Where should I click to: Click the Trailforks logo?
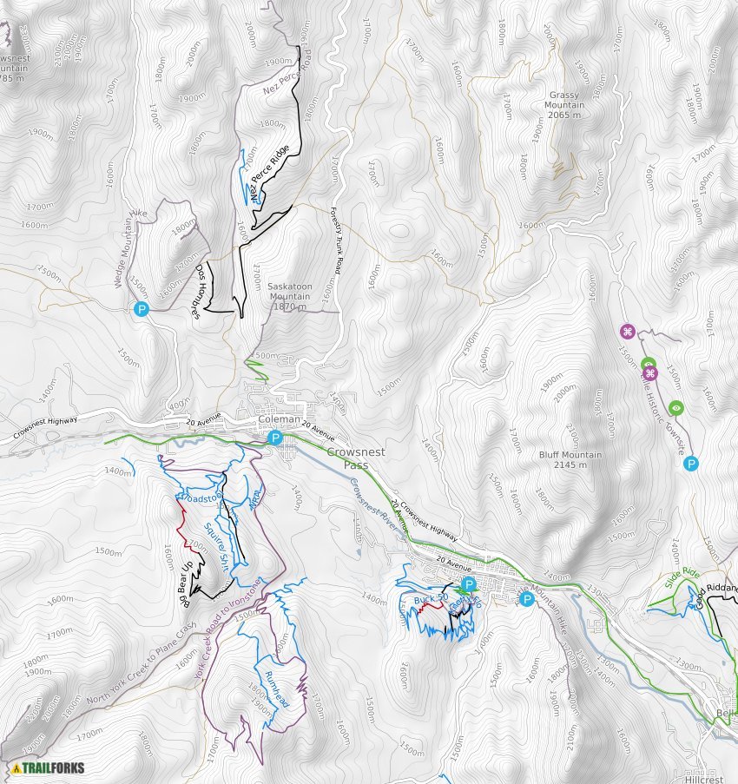click(49, 768)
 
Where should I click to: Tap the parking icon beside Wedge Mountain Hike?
click(141, 308)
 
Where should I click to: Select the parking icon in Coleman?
click(275, 438)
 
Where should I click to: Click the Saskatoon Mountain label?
click(289, 296)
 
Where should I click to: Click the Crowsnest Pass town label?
click(359, 459)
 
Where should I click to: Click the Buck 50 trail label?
click(430, 600)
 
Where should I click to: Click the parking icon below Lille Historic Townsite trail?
click(691, 464)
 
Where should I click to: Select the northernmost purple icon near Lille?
click(628, 331)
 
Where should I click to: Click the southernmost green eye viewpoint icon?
click(677, 408)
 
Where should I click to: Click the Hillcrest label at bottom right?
click(702, 780)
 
